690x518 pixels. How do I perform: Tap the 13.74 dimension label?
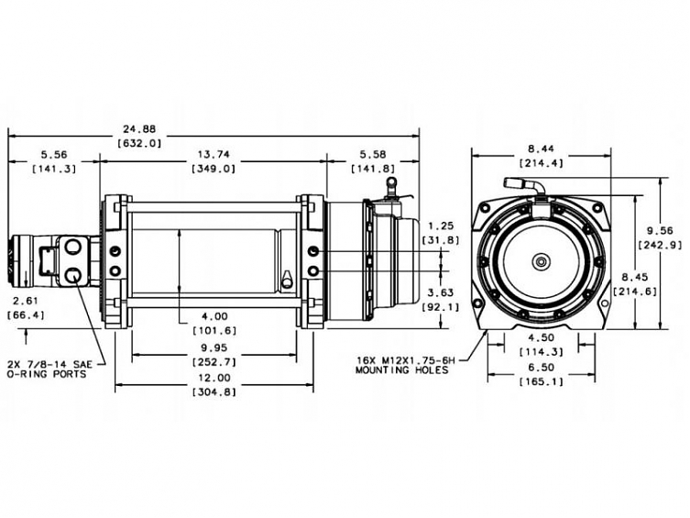213,153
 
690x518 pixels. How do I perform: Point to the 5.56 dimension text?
53,153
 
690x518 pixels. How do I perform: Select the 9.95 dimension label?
213,347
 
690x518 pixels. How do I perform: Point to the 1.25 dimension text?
443,225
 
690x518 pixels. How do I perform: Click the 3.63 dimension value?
443,292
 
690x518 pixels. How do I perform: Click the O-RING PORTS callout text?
54,374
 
